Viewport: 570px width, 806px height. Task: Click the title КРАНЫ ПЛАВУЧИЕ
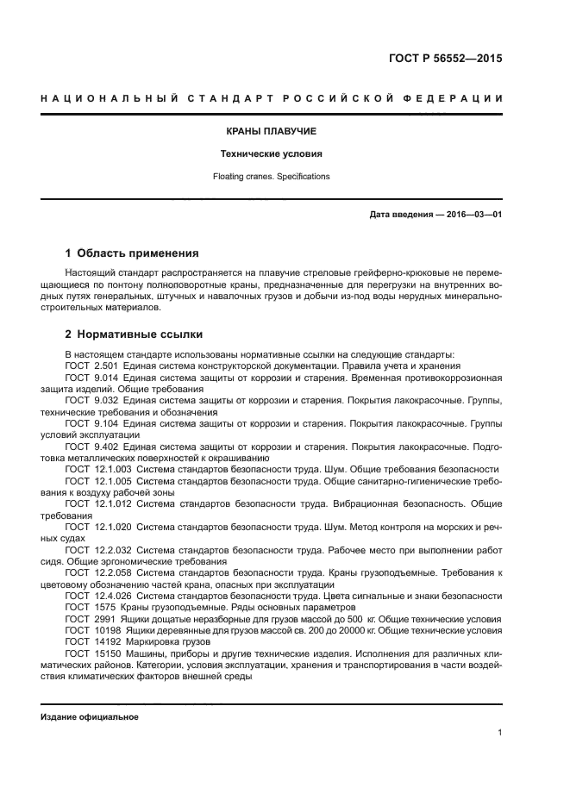[272, 132]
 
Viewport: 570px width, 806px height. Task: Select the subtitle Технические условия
[272, 154]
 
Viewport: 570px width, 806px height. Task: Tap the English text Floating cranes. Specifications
[272, 177]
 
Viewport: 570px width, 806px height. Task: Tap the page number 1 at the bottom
[499, 733]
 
